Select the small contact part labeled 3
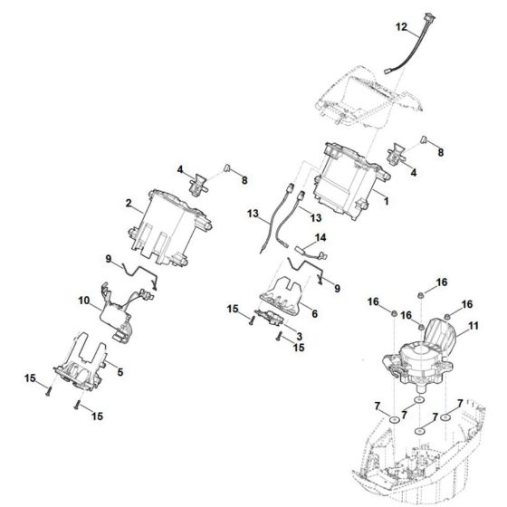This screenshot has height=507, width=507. tap(271, 316)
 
